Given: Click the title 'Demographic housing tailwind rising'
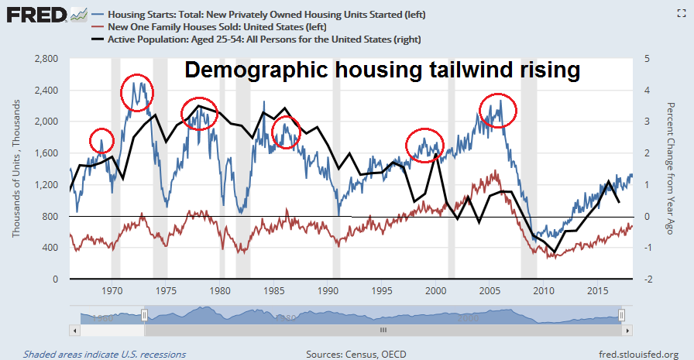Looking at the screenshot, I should [x=382, y=71].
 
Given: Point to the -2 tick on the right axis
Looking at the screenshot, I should [x=648, y=279].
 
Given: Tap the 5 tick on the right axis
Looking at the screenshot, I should [x=648, y=58].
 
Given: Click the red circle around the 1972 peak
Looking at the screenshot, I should [x=137, y=94].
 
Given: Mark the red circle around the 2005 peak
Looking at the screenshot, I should [x=498, y=110].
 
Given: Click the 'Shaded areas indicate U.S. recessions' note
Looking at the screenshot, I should [x=105, y=354].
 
